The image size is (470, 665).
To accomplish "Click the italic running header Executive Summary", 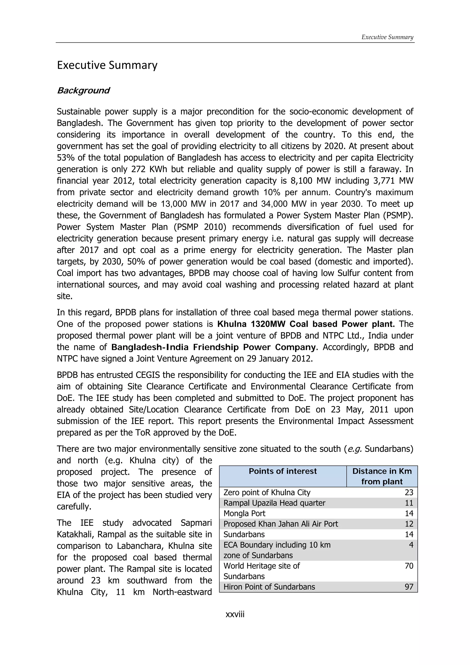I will [387, 37].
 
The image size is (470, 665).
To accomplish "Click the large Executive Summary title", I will [107, 65].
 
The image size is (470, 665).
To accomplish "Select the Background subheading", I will [83, 91].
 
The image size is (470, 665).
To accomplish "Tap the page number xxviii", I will [235, 614].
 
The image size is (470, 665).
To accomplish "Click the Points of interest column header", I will [283, 471].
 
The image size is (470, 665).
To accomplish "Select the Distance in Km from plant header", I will [382, 476].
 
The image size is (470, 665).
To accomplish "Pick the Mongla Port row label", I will [244, 514].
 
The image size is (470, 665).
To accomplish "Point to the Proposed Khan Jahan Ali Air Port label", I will [281, 524].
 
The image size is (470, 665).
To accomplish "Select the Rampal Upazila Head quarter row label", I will [274, 503].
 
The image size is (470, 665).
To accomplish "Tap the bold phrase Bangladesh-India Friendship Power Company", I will [213, 347].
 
